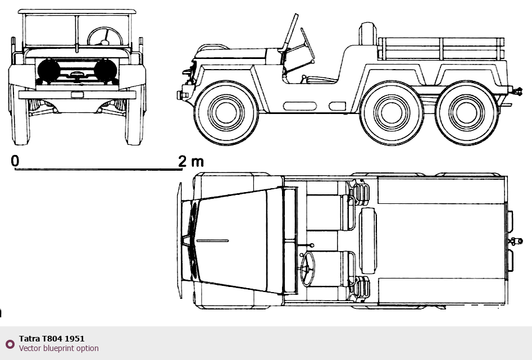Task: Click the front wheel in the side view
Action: click(226, 113)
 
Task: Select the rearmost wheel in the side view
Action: click(466, 113)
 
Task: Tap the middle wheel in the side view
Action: click(392, 113)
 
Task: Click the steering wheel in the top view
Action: click(307, 269)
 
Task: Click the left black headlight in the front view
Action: click(49, 71)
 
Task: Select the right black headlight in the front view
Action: click(106, 71)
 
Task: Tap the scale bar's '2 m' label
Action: click(191, 161)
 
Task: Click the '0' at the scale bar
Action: click(15, 161)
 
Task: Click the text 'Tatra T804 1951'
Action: click(52, 338)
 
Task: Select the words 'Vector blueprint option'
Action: click(58, 348)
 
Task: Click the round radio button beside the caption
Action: click(10, 344)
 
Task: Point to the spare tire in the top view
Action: click(368, 241)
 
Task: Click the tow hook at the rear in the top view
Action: click(516, 241)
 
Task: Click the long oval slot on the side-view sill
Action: click(300, 106)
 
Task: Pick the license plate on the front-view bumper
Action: click(78, 95)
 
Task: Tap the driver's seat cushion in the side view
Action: click(322, 80)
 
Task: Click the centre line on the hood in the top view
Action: click(212, 241)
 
